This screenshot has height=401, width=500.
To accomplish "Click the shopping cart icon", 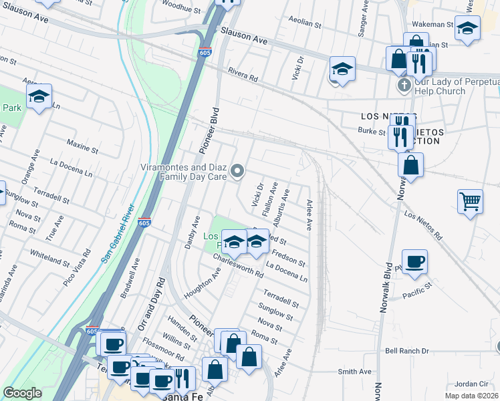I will coord(471,201).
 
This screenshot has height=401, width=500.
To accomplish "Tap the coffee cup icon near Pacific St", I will coord(414,261).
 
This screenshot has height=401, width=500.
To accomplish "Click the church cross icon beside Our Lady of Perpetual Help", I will coord(404,86).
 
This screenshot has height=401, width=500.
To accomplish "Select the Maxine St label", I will coord(82,143).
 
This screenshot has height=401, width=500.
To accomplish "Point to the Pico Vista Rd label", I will coord(78,265).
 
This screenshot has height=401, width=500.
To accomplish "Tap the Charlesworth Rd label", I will coord(238,265).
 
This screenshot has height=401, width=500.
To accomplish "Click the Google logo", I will coord(22,393).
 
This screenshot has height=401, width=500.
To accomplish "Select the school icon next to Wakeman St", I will coord(468,29).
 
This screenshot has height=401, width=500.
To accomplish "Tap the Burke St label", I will coord(372,131).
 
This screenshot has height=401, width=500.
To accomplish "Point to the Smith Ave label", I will coord(354,372).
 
